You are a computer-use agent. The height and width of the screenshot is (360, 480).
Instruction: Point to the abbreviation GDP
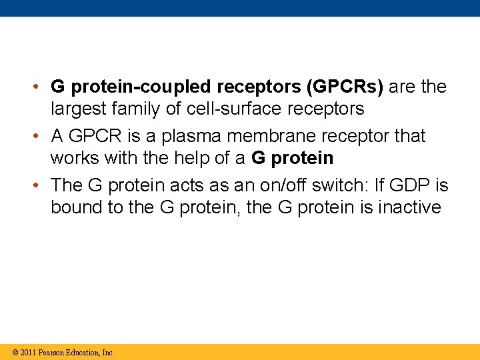point(408,185)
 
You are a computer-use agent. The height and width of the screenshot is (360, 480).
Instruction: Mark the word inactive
point(409,207)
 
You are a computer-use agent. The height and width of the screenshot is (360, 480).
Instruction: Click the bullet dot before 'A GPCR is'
point(41,136)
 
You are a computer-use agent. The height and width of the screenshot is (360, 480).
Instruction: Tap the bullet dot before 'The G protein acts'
point(41,185)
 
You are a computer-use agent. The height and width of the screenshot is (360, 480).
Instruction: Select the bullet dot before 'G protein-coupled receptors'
point(41,87)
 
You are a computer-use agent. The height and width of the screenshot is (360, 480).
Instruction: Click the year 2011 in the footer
point(27,352)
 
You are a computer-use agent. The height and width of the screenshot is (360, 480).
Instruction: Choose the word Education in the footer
point(83,352)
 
